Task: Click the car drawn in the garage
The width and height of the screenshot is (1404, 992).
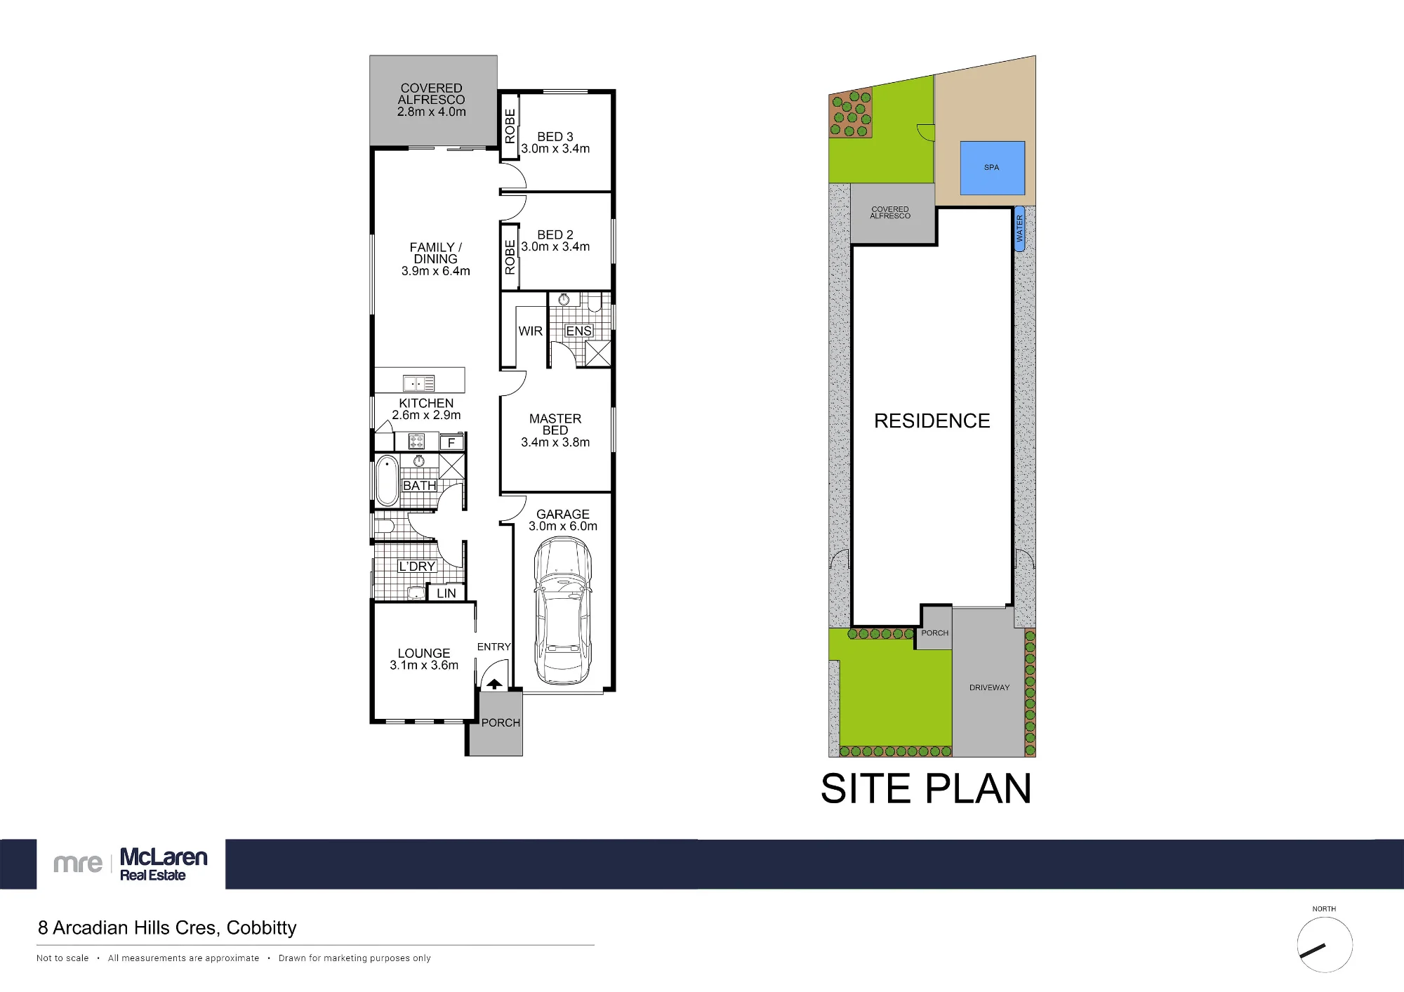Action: [x=562, y=611]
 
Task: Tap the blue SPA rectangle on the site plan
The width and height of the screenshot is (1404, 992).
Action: [x=992, y=168]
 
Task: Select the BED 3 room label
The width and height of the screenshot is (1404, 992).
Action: [x=555, y=136]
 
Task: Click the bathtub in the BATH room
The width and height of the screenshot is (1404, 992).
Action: [x=387, y=481]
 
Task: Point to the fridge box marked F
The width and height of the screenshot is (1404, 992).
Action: [x=451, y=442]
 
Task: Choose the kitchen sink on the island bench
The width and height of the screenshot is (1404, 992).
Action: [x=418, y=383]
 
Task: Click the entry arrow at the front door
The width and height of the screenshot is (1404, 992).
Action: [x=494, y=684]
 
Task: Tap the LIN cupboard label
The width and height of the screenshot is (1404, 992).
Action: [x=446, y=593]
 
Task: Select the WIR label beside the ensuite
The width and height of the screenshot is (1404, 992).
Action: [x=530, y=331]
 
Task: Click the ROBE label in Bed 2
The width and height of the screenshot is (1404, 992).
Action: [x=510, y=257]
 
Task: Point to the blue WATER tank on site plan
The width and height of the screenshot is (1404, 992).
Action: [x=1019, y=229]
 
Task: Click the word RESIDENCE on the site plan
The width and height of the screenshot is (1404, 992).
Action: [x=932, y=421]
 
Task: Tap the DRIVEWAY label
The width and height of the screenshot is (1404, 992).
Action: [x=989, y=687]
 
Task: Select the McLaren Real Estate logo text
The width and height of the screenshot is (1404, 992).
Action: [x=164, y=864]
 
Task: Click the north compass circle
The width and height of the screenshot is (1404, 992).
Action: [x=1325, y=944]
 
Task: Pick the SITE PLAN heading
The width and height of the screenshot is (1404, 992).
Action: [x=926, y=788]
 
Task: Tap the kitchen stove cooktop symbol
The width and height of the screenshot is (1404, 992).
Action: [x=416, y=442]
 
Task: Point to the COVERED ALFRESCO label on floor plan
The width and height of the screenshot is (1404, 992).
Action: [x=432, y=100]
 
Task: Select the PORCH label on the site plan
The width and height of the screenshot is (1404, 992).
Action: [x=935, y=633]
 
